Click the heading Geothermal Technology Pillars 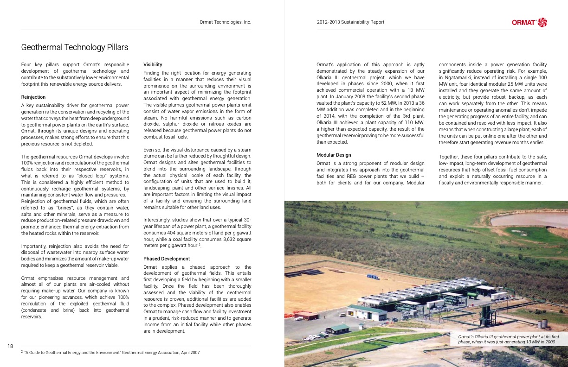point(75,47)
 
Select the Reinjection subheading point(33,97)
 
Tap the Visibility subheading point(153,64)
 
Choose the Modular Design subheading point(334,155)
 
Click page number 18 point(10,346)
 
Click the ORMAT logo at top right point(529,22)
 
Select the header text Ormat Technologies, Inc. point(225,22)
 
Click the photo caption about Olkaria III point(508,339)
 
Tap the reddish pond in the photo point(529,219)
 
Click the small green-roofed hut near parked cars point(338,329)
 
